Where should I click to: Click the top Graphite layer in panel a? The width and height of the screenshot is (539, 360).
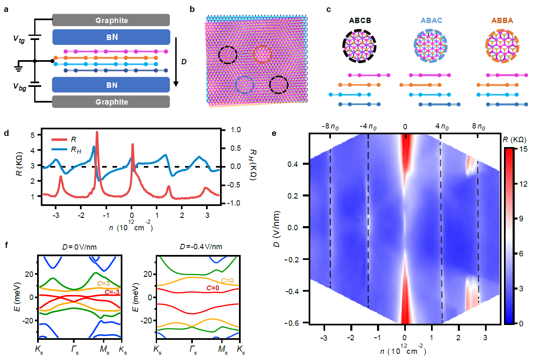point(111,20)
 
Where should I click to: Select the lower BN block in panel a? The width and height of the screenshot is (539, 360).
point(111,85)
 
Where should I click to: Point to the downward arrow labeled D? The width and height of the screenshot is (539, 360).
point(176,62)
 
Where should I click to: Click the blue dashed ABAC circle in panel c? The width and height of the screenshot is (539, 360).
point(430,46)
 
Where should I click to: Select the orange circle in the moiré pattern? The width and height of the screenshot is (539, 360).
point(262,54)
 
